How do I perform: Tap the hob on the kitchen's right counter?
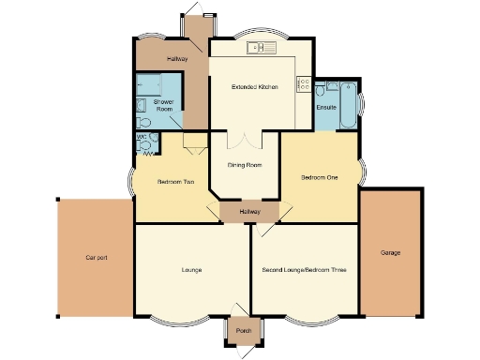304,83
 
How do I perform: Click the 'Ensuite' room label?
326,108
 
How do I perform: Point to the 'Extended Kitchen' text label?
255,87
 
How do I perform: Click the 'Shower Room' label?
163,105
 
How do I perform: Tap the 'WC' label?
142,138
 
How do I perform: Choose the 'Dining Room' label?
245,165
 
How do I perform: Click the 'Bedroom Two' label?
175,181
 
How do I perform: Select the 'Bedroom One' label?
319,177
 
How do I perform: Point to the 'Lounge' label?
192,270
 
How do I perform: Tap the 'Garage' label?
389,253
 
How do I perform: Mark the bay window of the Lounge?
192,318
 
